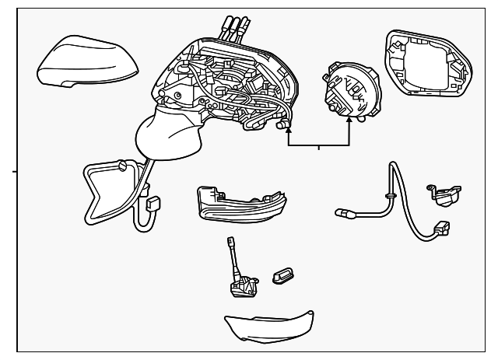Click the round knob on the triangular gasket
[x=121, y=166]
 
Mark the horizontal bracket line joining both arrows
[x=319, y=145]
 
